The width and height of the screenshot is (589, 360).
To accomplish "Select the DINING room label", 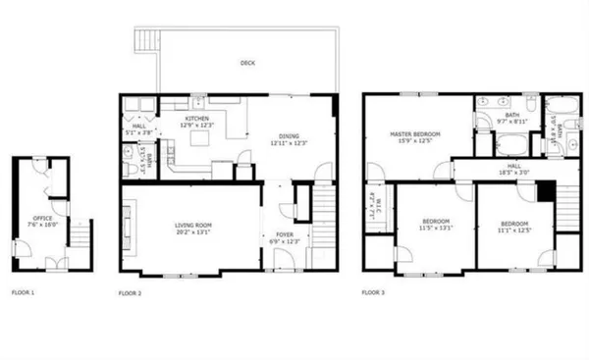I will point(290,139).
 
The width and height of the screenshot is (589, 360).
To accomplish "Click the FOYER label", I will point(282,235).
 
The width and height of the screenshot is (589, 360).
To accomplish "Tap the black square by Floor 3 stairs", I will point(547,188).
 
